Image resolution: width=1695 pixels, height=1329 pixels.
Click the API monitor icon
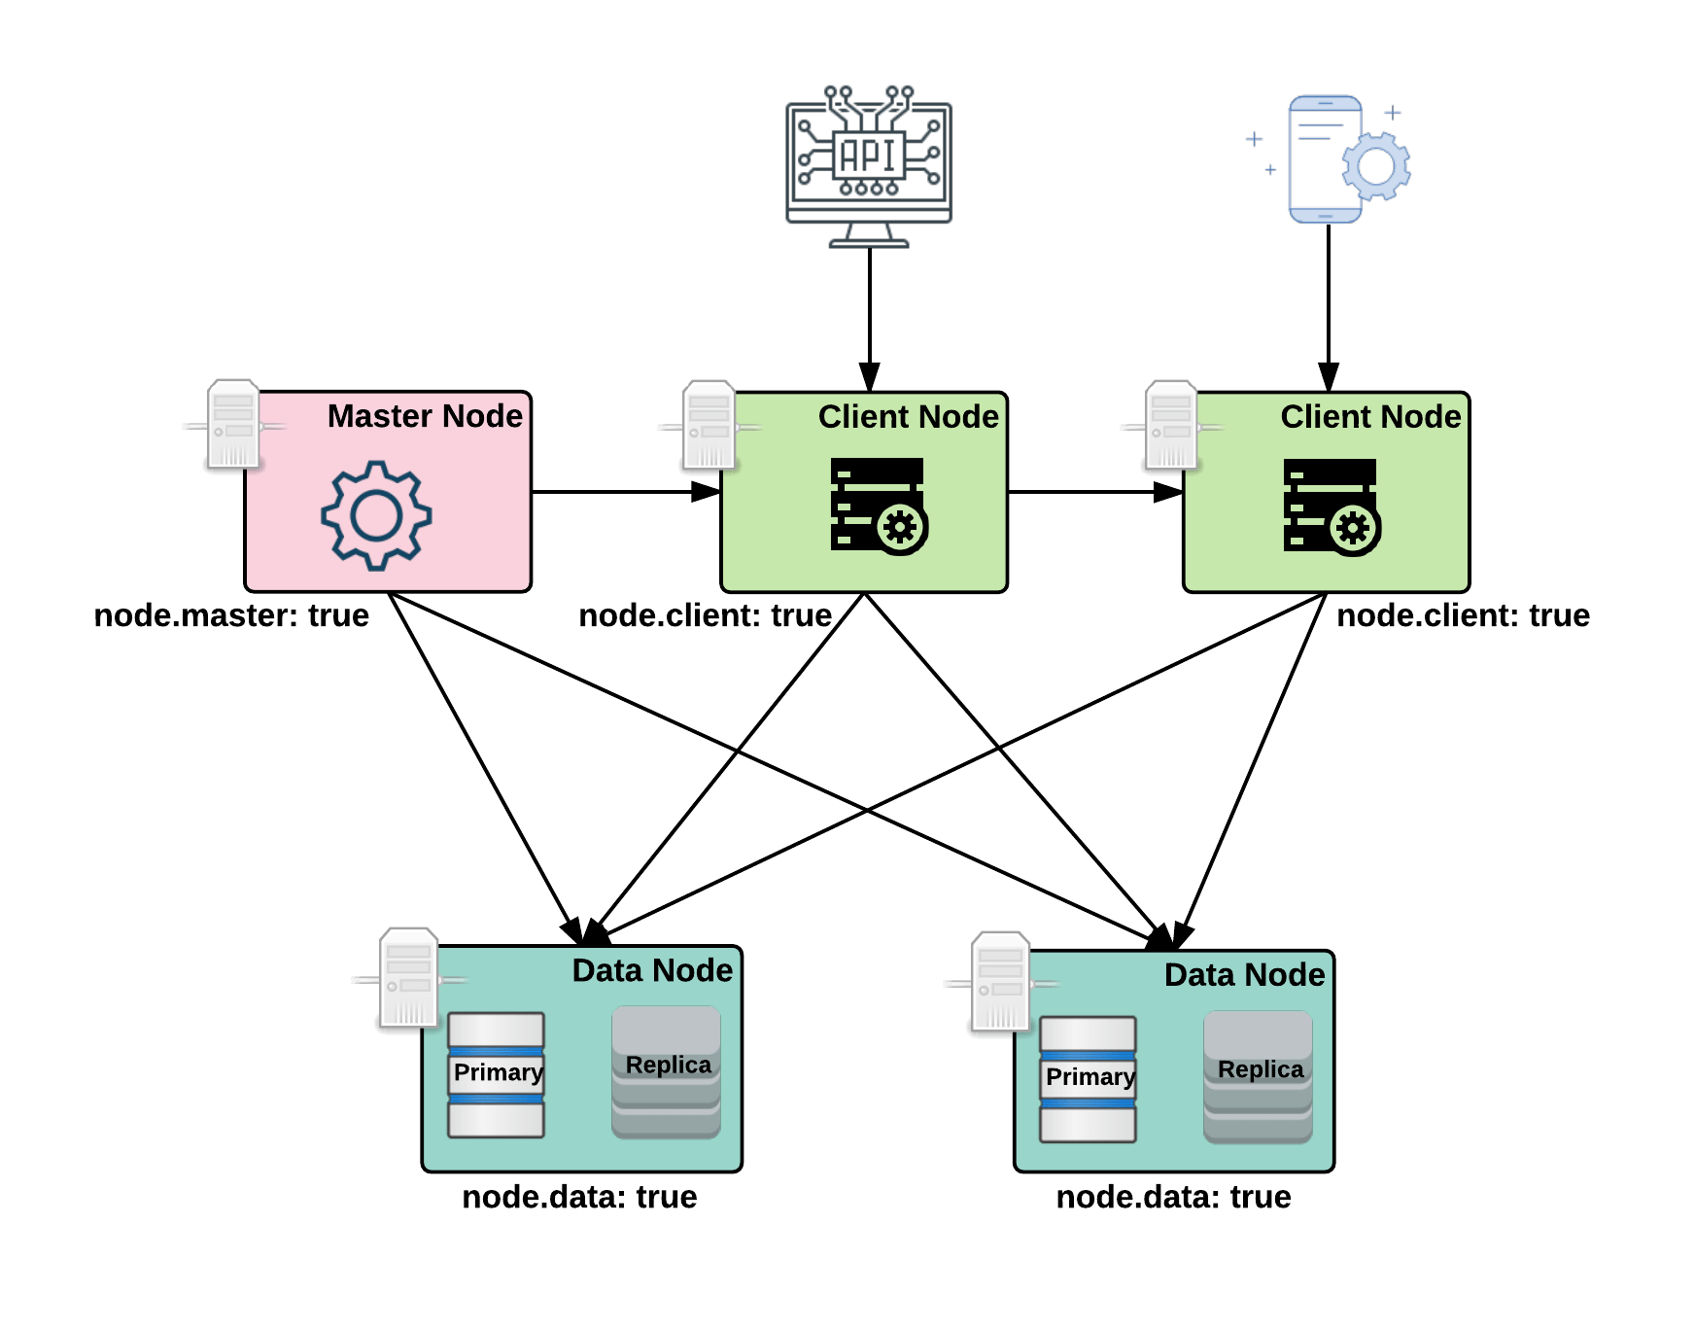[869, 163]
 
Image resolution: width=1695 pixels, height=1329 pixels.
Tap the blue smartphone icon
[1325, 158]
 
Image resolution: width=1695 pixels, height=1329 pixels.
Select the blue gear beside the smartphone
[1376, 166]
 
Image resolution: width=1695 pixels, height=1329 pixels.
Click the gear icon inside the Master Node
[376, 514]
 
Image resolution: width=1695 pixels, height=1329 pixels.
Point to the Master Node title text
[425, 416]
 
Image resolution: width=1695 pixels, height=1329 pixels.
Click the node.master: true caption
[231, 615]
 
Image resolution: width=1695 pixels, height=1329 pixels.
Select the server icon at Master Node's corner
[233, 425]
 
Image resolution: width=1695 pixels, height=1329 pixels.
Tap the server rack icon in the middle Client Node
[879, 506]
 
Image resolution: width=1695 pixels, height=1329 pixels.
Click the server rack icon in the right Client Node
[1332, 507]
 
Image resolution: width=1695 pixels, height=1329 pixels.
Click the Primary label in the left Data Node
[498, 1072]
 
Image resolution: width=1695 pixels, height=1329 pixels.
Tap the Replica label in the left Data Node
[668, 1066]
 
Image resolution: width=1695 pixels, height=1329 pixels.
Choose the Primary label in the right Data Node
[1090, 1077]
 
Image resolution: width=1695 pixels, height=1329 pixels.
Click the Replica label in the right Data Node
[1260, 1069]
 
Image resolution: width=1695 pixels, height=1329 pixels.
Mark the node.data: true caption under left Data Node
[579, 1197]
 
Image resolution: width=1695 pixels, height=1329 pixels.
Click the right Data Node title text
[1244, 975]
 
